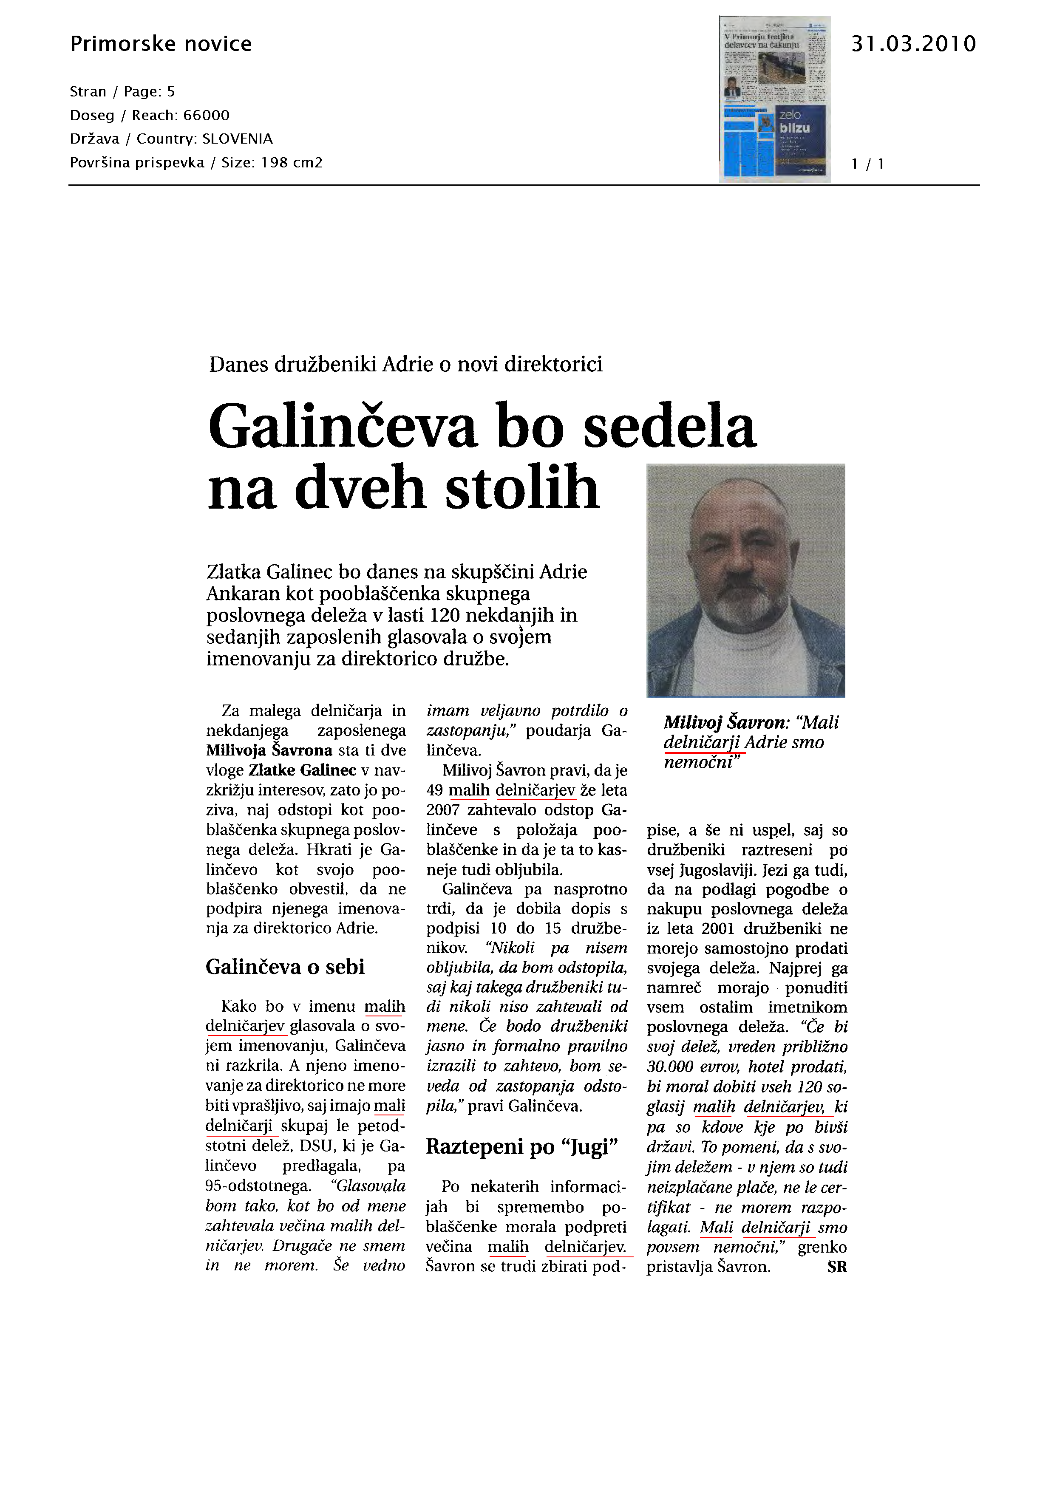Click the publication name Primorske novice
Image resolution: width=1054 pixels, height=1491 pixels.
click(x=160, y=44)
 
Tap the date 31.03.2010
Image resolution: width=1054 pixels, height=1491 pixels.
click(x=913, y=44)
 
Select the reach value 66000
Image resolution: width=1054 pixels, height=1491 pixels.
click(x=207, y=116)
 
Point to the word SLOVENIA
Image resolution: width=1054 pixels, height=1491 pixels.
click(x=237, y=139)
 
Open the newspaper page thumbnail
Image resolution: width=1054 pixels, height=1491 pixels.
click(x=774, y=99)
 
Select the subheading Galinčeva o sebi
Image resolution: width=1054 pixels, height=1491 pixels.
click(x=285, y=967)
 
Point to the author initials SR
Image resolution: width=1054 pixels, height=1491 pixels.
click(x=836, y=1267)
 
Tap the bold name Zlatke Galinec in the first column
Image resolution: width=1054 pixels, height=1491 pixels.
click(x=303, y=770)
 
